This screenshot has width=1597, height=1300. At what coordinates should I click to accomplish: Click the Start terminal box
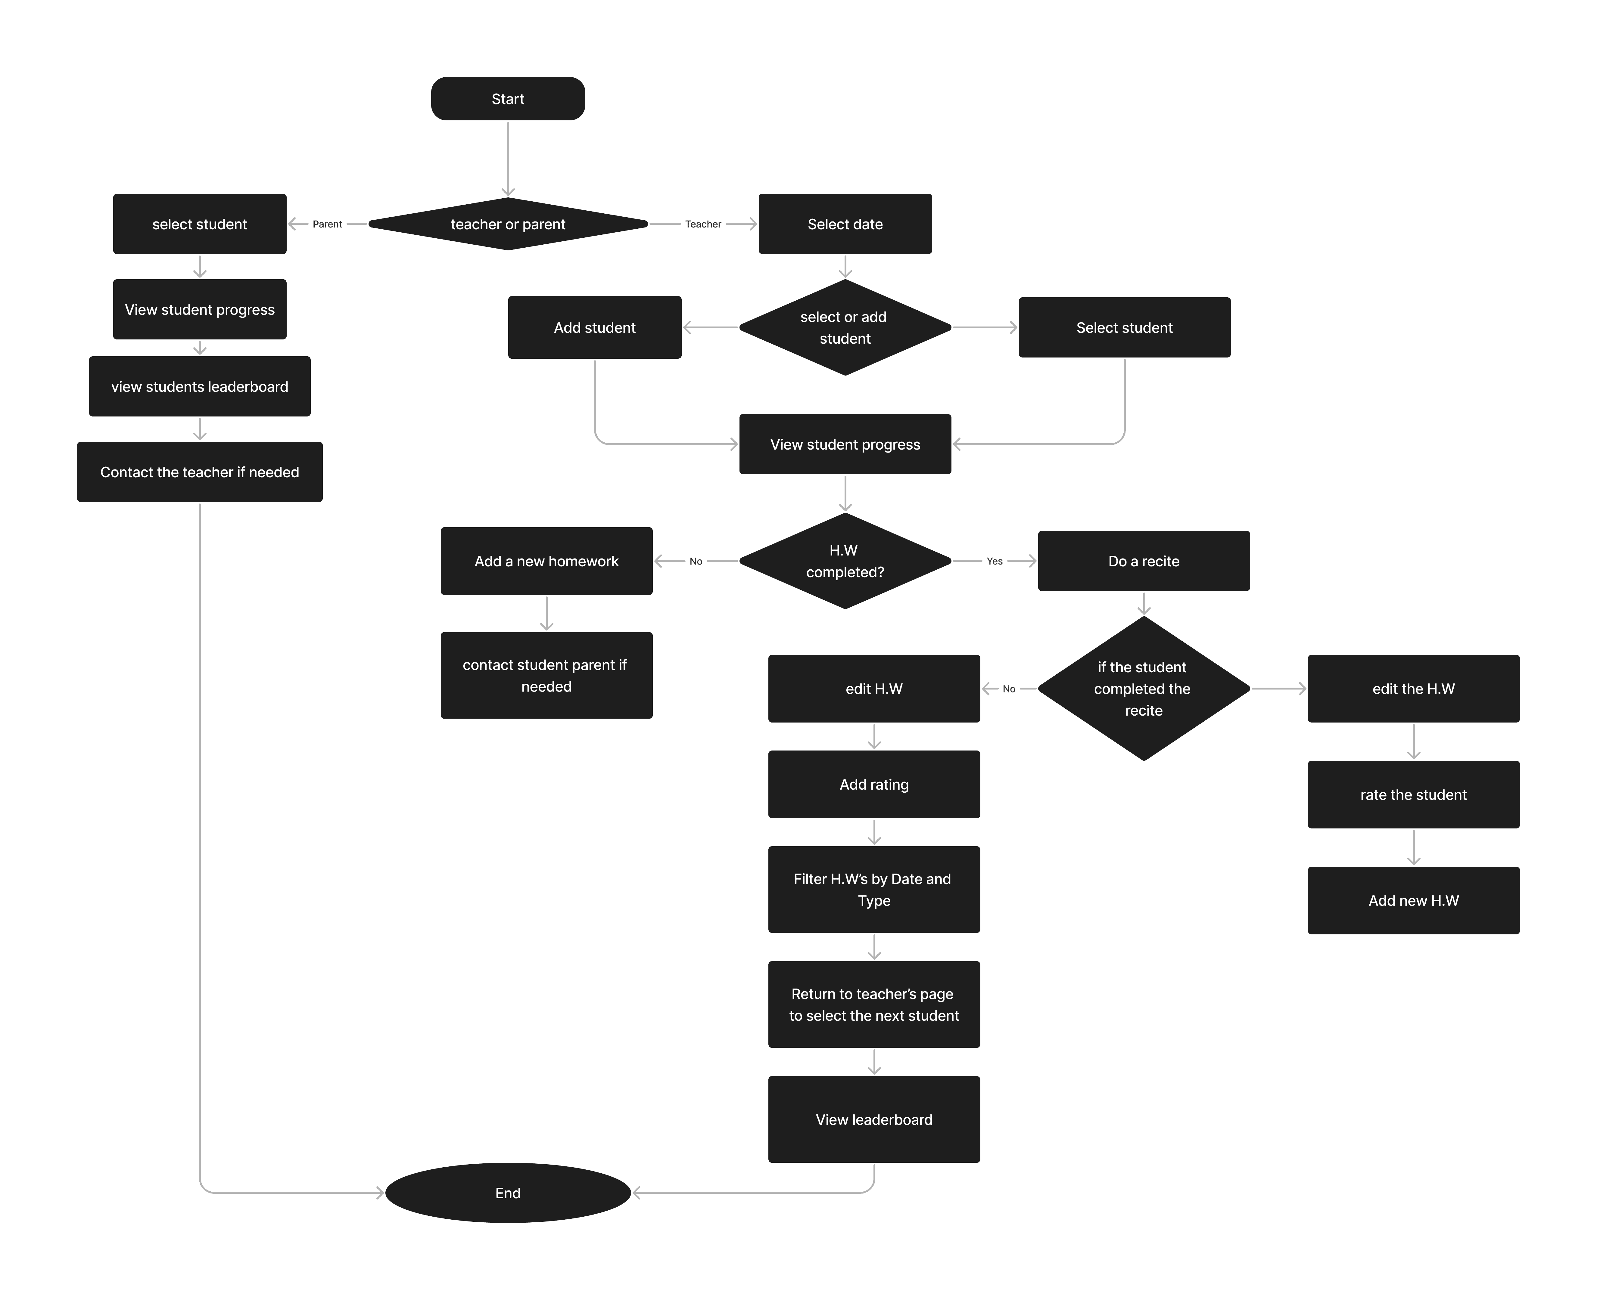[508, 99]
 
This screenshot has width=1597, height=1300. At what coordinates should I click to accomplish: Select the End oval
[508, 1193]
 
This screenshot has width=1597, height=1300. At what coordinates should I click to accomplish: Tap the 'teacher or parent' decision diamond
[508, 224]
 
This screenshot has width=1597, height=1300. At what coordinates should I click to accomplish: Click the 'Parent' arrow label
[327, 224]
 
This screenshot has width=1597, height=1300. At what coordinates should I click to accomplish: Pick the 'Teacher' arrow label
[703, 224]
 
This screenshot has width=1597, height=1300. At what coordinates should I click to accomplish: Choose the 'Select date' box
[845, 224]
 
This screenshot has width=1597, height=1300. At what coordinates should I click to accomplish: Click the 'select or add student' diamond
[845, 327]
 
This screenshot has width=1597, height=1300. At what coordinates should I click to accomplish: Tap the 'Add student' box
[595, 327]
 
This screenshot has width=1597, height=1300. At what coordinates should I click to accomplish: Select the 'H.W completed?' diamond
[845, 561]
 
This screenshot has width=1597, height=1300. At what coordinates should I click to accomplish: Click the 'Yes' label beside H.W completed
[994, 561]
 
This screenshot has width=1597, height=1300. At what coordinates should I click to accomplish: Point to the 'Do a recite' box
[1144, 561]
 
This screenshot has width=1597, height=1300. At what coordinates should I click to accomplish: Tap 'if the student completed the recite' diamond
[1144, 688]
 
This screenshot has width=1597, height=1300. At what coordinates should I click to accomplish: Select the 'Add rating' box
[874, 784]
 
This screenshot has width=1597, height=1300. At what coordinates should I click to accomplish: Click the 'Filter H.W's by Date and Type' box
[874, 890]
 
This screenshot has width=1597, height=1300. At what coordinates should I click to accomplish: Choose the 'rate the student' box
[1413, 794]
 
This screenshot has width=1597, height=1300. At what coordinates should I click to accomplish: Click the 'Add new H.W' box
[1413, 900]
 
